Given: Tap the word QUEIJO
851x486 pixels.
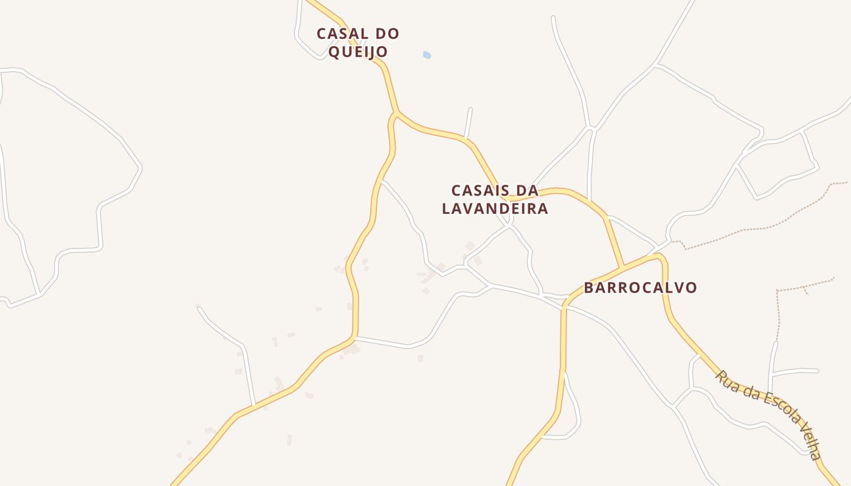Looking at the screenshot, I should point(358,52).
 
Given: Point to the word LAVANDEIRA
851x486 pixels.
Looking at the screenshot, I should point(495,209).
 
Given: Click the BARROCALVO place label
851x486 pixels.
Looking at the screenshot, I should point(640,288).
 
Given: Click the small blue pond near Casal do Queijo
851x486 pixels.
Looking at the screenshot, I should point(427,55).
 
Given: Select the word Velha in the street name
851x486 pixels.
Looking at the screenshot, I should point(810,442).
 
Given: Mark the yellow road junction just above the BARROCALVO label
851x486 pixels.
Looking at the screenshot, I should point(622,267).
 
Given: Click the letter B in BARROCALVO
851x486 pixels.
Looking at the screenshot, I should point(589,288).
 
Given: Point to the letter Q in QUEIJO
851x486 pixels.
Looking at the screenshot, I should point(334,52).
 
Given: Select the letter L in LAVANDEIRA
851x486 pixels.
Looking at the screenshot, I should point(447,209).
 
